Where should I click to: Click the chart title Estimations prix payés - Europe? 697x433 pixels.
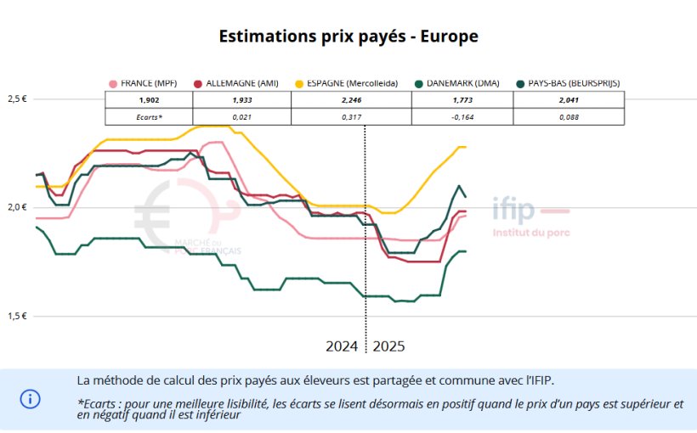[348, 37]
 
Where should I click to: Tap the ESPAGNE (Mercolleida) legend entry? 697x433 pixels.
[344, 83]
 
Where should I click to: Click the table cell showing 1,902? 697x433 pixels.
[148, 99]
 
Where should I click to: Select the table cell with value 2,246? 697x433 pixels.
[351, 99]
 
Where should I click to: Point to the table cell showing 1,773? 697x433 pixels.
[462, 99]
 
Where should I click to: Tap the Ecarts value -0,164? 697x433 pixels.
[462, 116]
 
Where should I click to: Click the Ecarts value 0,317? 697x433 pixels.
[351, 116]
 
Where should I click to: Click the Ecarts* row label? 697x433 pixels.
[148, 116]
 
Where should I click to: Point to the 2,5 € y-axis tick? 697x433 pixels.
[17, 99]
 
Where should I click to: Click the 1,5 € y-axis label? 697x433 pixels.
[17, 316]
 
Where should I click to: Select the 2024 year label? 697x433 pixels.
[342, 346]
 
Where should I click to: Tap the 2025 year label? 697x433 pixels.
[388, 346]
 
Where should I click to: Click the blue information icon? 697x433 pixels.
[31, 398]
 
